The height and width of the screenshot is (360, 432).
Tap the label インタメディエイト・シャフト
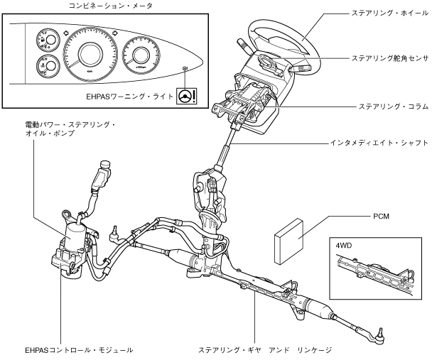click(x=377, y=143)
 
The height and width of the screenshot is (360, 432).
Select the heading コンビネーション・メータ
click(x=108, y=6)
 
